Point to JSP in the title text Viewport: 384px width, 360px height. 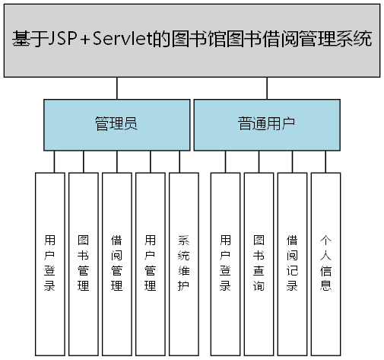(x=62, y=40)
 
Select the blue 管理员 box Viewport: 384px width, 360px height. (x=116, y=124)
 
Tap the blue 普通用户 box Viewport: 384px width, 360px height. (x=266, y=124)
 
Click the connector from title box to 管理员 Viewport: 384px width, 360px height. (x=116, y=88)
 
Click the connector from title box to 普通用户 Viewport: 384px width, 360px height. (x=267, y=88)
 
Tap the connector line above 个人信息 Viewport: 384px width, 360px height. (x=325, y=161)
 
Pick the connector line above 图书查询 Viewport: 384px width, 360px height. (x=259, y=161)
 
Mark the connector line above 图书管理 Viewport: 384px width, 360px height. (x=83, y=161)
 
